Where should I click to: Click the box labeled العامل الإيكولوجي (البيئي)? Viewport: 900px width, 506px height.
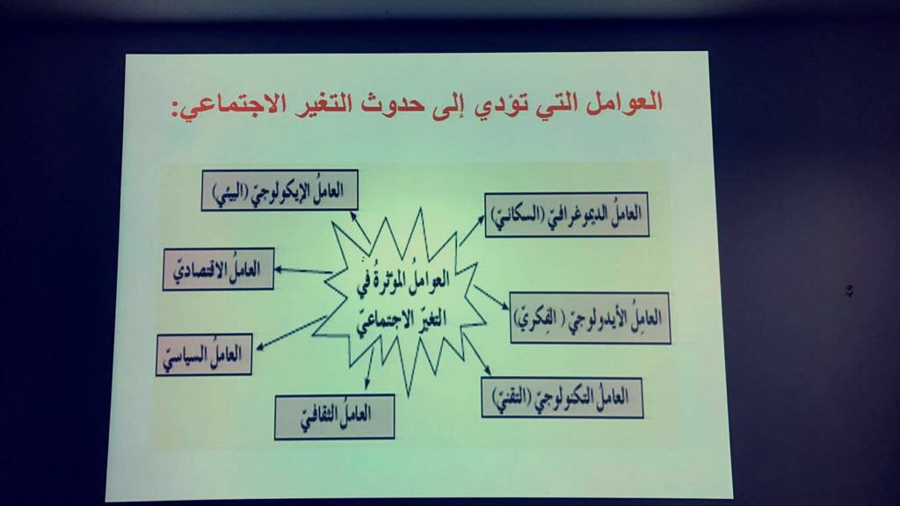click(x=279, y=190)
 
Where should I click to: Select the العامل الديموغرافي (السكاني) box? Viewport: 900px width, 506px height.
click(x=567, y=214)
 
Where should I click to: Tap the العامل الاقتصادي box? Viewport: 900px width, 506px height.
click(x=218, y=269)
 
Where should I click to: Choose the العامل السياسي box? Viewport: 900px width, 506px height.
click(x=204, y=355)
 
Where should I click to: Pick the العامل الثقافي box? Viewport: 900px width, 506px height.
click(x=335, y=416)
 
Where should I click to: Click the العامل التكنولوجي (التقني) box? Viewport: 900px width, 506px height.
click(x=562, y=397)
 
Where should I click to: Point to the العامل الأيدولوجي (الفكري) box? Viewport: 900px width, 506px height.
click(x=590, y=318)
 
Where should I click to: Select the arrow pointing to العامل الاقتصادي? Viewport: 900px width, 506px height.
click(x=303, y=271)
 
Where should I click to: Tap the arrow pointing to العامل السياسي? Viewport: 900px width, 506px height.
click(x=291, y=332)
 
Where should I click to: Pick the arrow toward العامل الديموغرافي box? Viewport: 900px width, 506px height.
click(x=472, y=230)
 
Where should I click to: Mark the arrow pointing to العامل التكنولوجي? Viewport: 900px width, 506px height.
click(x=475, y=354)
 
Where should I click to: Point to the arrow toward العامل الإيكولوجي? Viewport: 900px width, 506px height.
click(x=359, y=228)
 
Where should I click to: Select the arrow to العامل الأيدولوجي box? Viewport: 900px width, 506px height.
click(x=490, y=298)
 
